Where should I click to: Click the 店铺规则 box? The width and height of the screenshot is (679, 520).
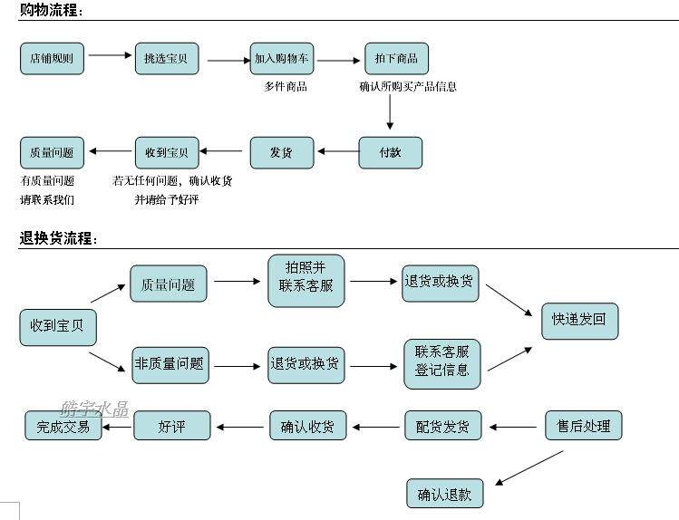[52, 58]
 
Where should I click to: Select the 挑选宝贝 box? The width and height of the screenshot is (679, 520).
[167, 58]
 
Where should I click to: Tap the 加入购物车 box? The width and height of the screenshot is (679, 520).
[282, 58]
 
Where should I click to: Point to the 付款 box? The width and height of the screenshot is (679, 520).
[390, 153]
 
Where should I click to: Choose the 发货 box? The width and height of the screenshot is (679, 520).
[282, 153]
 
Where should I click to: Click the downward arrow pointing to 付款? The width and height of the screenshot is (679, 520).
[390, 111]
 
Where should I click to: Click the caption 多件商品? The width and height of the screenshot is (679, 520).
[286, 87]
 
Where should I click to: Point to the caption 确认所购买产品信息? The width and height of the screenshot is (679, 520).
[408, 87]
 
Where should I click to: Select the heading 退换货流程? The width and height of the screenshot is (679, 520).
[58, 238]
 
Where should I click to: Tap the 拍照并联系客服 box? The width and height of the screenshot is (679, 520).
[306, 281]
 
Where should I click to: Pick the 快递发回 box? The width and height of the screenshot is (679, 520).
[580, 321]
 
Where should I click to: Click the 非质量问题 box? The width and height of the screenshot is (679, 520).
[170, 365]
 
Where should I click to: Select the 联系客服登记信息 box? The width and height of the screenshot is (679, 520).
[442, 364]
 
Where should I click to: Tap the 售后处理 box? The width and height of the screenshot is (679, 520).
[583, 425]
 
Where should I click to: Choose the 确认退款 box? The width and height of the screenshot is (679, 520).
[445, 493]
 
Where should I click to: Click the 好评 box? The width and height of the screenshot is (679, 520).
[172, 425]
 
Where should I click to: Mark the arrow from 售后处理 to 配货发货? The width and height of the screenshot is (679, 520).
[513, 427]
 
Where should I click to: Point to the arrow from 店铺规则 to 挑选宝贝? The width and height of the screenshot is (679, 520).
[110, 55]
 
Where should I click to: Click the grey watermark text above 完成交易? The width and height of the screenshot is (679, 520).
[94, 409]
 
